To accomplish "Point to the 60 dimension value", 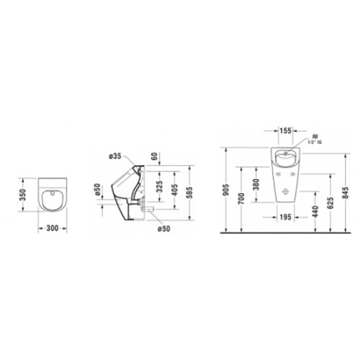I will (154, 156).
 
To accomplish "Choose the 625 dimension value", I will (328, 204).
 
